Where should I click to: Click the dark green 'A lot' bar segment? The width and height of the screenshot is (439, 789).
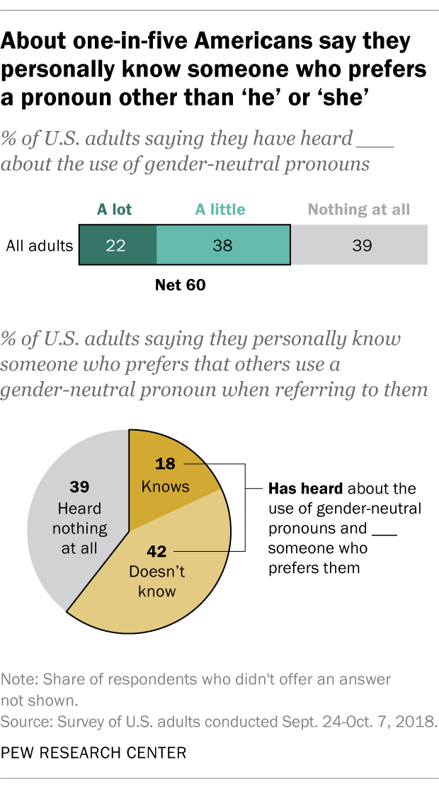pyautogui.click(x=117, y=246)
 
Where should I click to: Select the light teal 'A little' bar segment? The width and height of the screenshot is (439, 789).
pyautogui.click(x=222, y=246)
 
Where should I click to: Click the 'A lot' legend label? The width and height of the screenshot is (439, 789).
pyautogui.click(x=114, y=210)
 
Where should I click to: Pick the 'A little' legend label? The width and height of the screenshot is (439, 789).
pyautogui.click(x=220, y=210)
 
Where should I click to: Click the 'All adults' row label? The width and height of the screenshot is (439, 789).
pyautogui.click(x=40, y=246)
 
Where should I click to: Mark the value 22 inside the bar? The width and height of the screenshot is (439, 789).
pyautogui.click(x=117, y=246)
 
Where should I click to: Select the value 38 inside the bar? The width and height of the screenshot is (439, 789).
pyautogui.click(x=222, y=246)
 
